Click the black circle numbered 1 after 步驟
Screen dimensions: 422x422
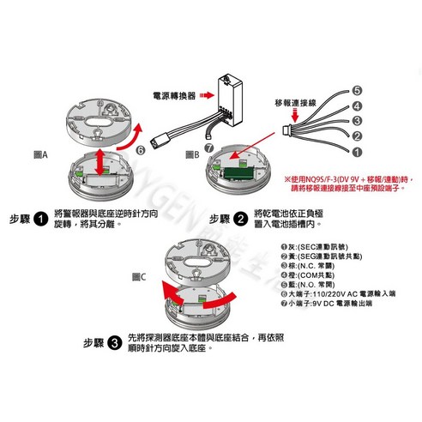coord(40,219)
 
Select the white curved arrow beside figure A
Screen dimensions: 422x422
coord(137,136)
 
